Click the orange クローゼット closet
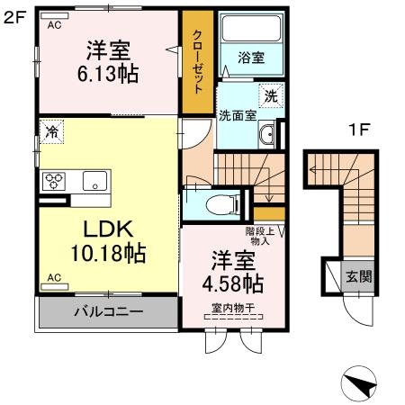click(197, 63)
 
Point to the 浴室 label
click(251, 58)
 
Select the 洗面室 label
click(238, 114)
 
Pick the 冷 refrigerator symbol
click(51, 133)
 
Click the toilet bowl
click(215, 205)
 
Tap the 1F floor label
click(359, 130)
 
